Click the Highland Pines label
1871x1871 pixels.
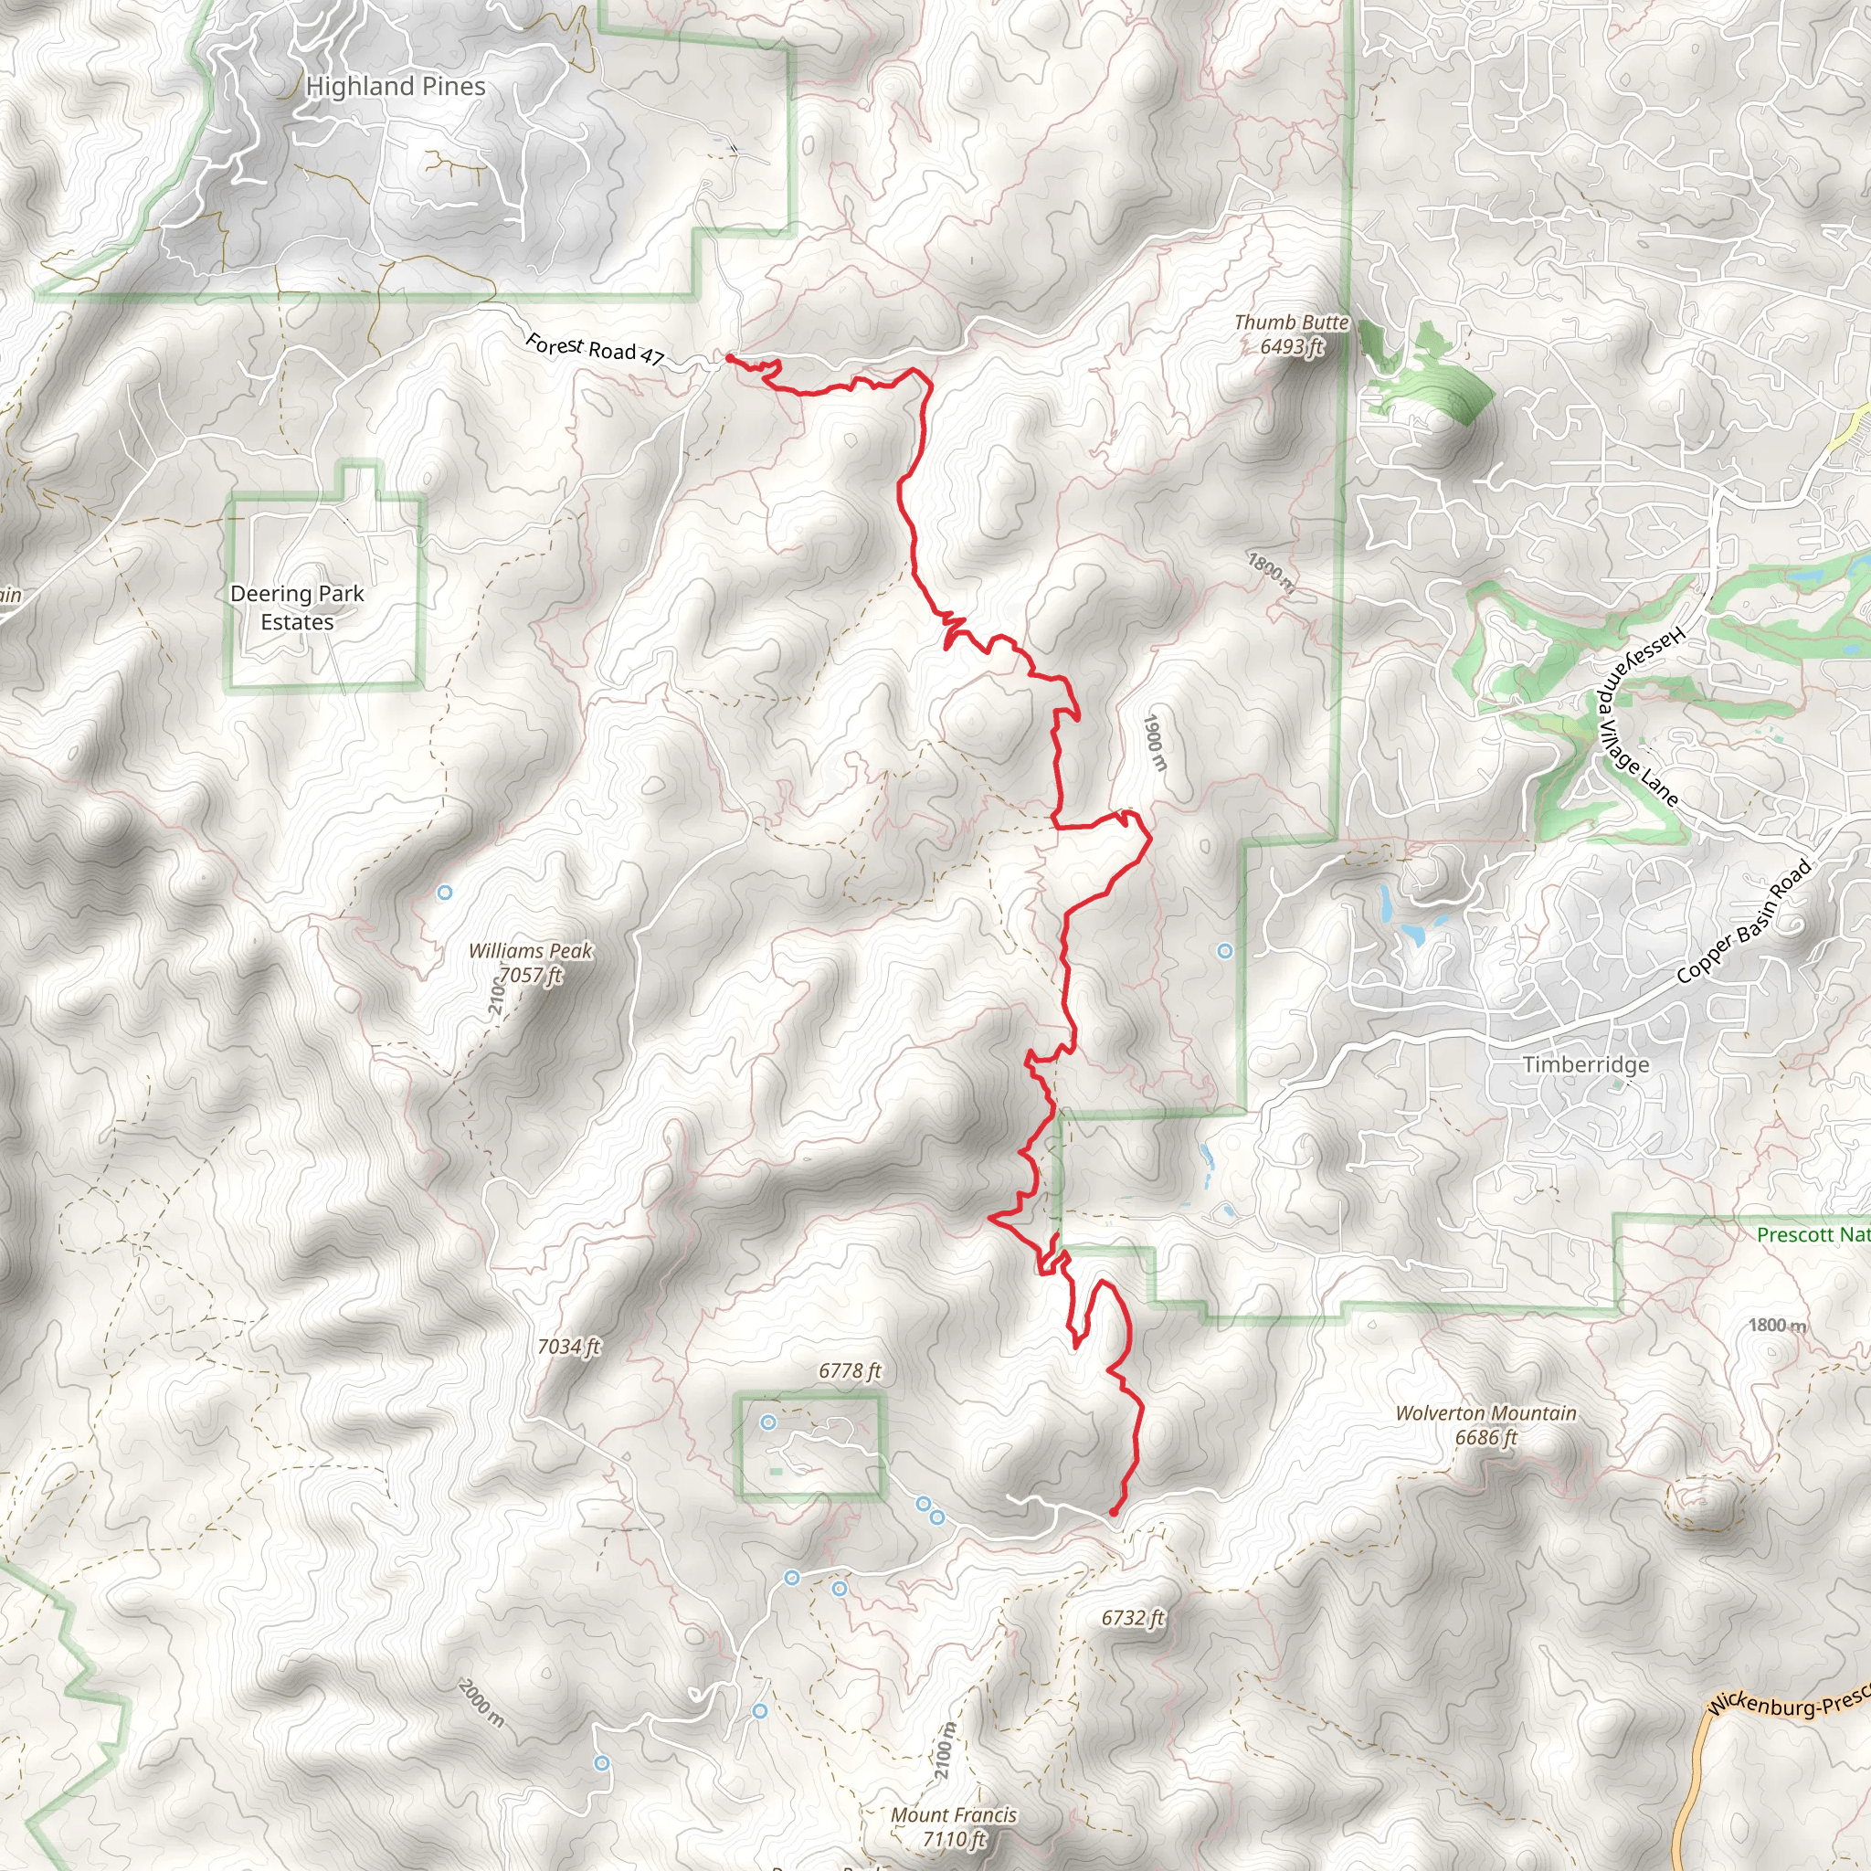point(395,86)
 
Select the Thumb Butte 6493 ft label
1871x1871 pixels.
point(1291,334)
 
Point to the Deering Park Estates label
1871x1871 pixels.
point(297,608)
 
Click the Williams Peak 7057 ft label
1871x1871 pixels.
point(530,964)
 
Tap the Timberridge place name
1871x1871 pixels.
point(1585,1065)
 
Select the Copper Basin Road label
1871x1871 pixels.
point(1743,922)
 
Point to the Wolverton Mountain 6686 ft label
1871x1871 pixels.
point(1485,1425)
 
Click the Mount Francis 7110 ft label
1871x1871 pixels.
point(954,1826)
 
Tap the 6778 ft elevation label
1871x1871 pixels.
point(850,1371)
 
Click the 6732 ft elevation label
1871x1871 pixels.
point(1132,1618)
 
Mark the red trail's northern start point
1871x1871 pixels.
point(729,357)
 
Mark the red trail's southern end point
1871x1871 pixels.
point(1114,1512)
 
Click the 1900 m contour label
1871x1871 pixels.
point(1156,742)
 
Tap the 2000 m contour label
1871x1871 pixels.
point(481,1704)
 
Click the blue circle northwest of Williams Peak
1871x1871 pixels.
point(445,893)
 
